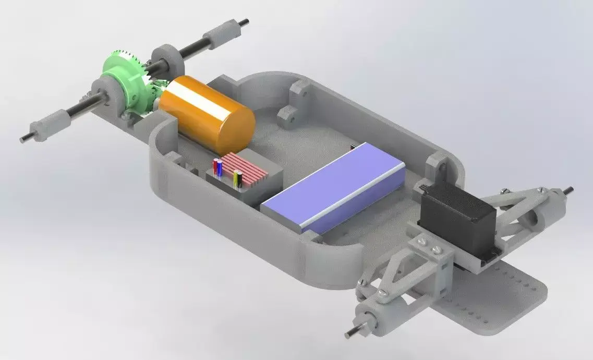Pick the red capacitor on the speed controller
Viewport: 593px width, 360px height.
tap(215, 167)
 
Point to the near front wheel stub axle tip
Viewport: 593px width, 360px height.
tap(348, 332)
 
